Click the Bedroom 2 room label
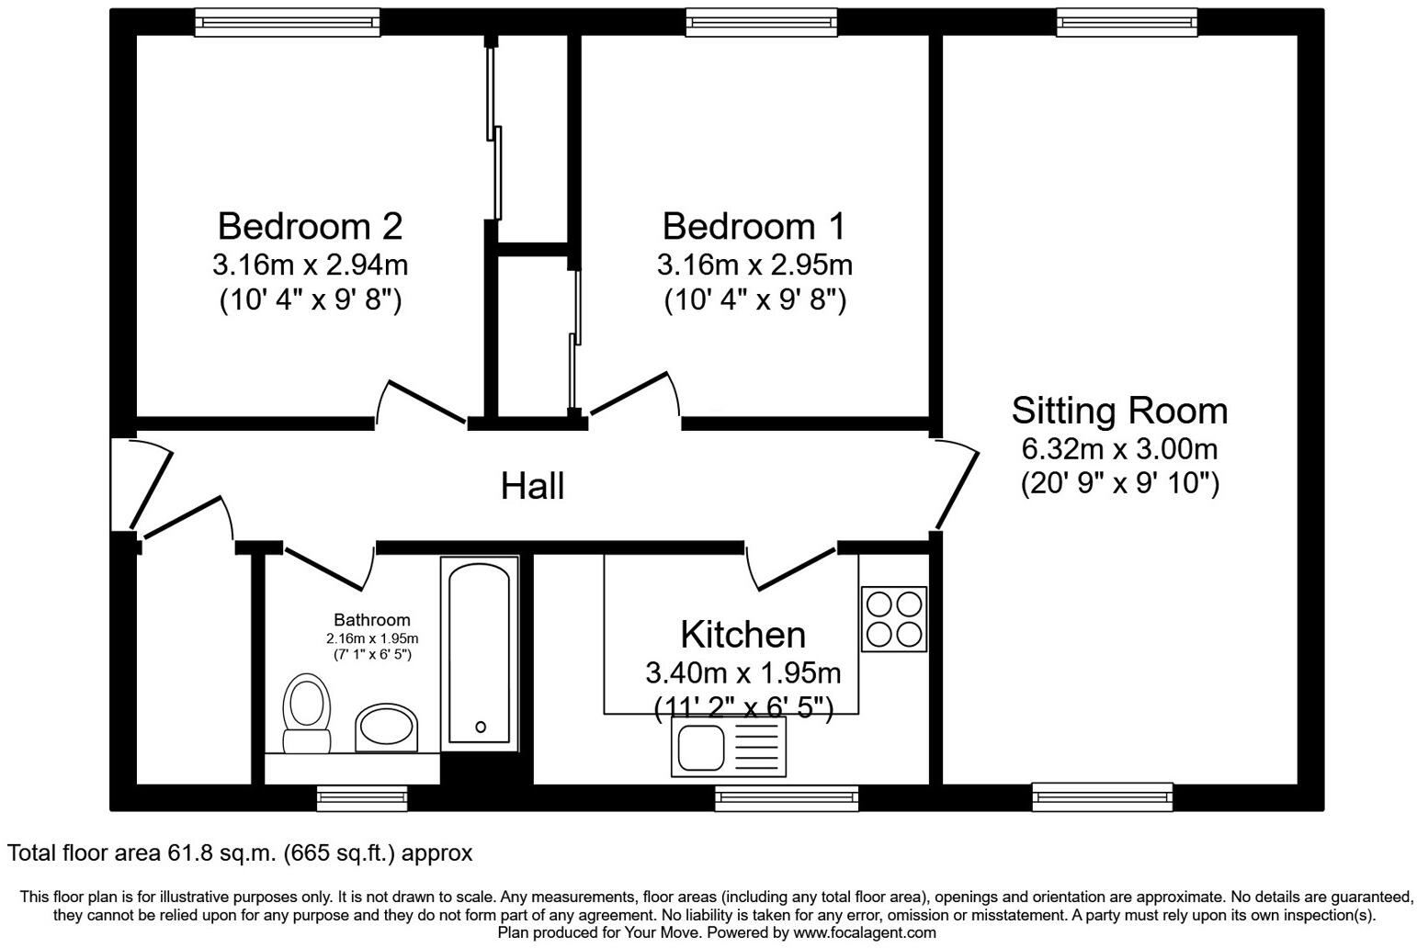click(x=310, y=226)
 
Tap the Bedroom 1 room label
click(x=754, y=226)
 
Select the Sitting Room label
click(x=1119, y=411)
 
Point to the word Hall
click(x=532, y=486)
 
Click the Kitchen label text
click(x=743, y=635)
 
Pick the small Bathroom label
click(x=372, y=620)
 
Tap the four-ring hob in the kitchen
click(x=894, y=619)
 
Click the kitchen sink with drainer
click(x=729, y=747)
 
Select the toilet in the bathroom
click(x=306, y=713)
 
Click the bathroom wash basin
click(x=386, y=728)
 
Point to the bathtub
click(x=480, y=653)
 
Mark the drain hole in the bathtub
click(x=481, y=727)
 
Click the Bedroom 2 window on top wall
click(x=288, y=22)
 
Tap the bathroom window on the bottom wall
click(x=362, y=798)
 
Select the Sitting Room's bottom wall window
click(x=1103, y=796)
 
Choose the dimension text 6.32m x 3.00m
click(x=1119, y=449)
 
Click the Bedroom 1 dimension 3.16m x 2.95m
click(x=754, y=265)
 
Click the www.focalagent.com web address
click(x=865, y=932)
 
